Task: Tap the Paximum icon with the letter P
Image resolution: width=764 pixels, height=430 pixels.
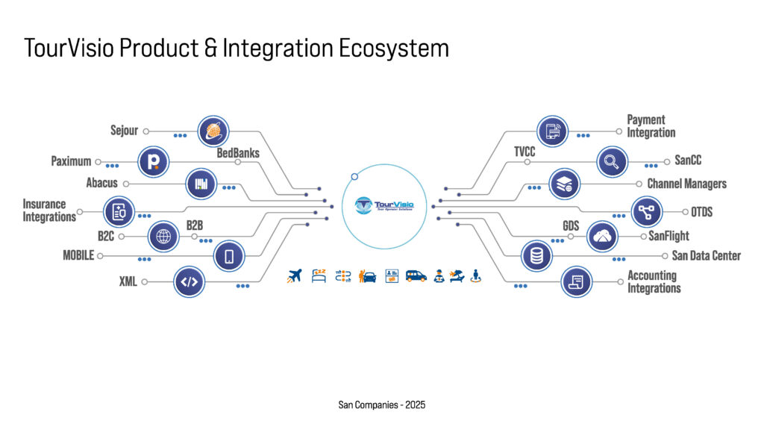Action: (x=154, y=161)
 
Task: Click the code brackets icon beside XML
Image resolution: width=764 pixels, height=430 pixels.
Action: (x=190, y=281)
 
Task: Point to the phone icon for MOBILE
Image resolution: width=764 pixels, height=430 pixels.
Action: (x=229, y=257)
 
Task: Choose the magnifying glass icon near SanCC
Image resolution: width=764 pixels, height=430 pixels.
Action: (x=612, y=161)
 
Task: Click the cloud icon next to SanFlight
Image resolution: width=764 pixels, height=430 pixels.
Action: (x=603, y=236)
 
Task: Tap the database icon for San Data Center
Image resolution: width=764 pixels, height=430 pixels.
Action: (x=536, y=256)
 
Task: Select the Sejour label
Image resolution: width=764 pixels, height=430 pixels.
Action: (x=124, y=131)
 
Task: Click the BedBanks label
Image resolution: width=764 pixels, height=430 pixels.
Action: (x=238, y=154)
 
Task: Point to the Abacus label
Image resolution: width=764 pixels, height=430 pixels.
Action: (x=101, y=183)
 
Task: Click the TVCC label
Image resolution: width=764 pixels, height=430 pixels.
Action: (x=525, y=152)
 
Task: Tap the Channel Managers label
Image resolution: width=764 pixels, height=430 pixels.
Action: (x=686, y=184)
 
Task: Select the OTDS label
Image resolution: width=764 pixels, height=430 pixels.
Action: (x=702, y=212)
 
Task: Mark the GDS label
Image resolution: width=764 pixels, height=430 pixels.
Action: (x=572, y=226)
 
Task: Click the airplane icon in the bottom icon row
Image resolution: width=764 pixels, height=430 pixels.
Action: (x=295, y=276)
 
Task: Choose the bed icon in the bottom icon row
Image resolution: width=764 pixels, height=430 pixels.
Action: (x=319, y=276)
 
